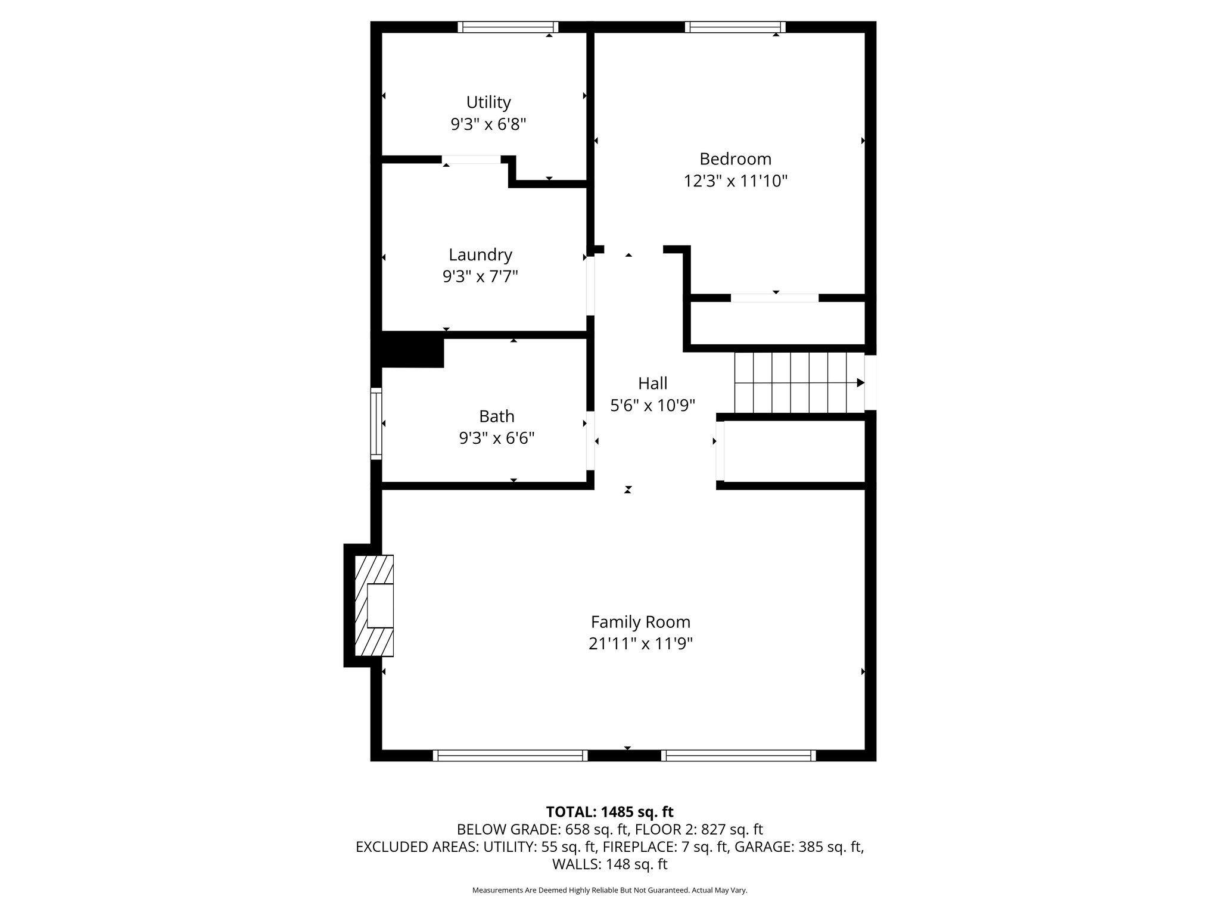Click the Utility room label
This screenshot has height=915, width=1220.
click(488, 102)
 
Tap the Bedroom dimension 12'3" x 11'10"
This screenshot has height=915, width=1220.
click(735, 181)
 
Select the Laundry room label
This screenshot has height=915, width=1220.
click(480, 255)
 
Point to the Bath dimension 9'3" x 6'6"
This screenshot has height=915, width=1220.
click(496, 438)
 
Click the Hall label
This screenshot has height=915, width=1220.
click(653, 383)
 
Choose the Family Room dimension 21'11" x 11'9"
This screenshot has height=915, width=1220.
click(640, 644)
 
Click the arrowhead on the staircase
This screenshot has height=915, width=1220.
click(860, 382)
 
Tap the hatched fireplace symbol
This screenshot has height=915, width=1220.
click(374, 606)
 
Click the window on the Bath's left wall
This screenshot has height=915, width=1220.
click(376, 424)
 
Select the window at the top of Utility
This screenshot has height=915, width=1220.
click(508, 27)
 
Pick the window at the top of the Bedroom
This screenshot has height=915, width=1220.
click(735, 27)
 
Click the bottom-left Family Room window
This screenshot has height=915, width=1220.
click(510, 755)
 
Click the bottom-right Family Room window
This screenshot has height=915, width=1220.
click(739, 755)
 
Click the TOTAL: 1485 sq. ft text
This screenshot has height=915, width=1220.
click(609, 812)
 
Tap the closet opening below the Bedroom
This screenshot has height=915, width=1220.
click(774, 298)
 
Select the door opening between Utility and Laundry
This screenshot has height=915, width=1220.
click(471, 160)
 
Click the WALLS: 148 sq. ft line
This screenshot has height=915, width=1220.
click(609, 864)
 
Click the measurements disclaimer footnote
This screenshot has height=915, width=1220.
click(609, 890)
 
